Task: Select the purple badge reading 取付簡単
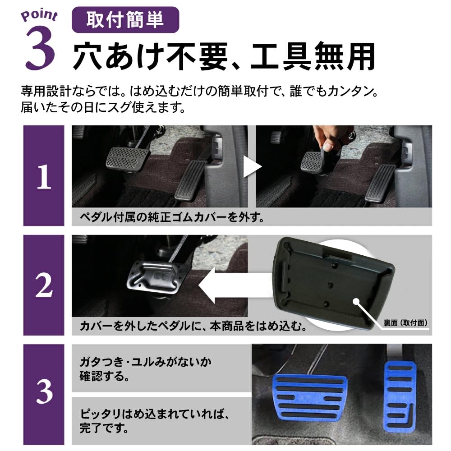[x=125, y=20]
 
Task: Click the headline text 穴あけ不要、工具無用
[x=224, y=57]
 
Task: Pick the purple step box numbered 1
[x=44, y=176]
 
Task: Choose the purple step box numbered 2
[x=44, y=285]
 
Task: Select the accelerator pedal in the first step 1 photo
[x=191, y=179]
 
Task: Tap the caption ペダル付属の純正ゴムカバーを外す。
[x=171, y=217]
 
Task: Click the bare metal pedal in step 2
[x=157, y=277]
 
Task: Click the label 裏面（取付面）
[x=405, y=323]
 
